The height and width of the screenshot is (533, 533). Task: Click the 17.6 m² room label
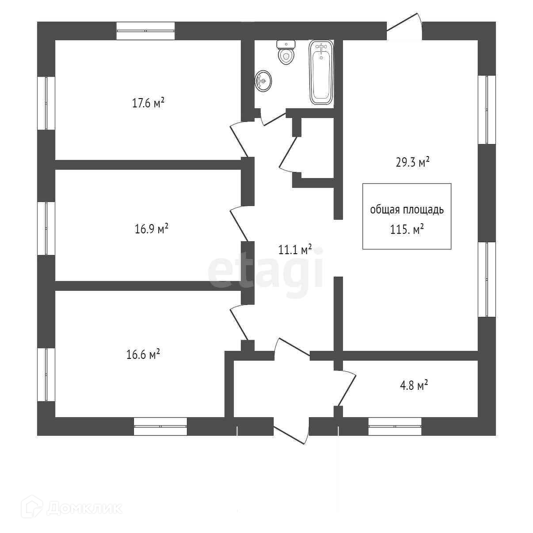point(148,103)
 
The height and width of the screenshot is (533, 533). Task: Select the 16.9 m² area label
point(151,229)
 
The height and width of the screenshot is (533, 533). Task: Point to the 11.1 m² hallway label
point(295,250)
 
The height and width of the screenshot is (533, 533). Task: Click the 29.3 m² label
point(413,162)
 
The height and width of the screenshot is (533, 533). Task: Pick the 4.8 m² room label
point(413,385)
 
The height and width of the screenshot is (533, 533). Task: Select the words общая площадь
point(407,209)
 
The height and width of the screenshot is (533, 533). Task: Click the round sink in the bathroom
point(263,81)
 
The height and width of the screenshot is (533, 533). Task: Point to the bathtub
point(321,72)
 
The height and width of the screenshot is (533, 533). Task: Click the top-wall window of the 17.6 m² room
point(145,31)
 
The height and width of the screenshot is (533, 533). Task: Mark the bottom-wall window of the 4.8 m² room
point(395,426)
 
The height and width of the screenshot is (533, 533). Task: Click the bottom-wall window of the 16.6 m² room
point(160,426)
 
